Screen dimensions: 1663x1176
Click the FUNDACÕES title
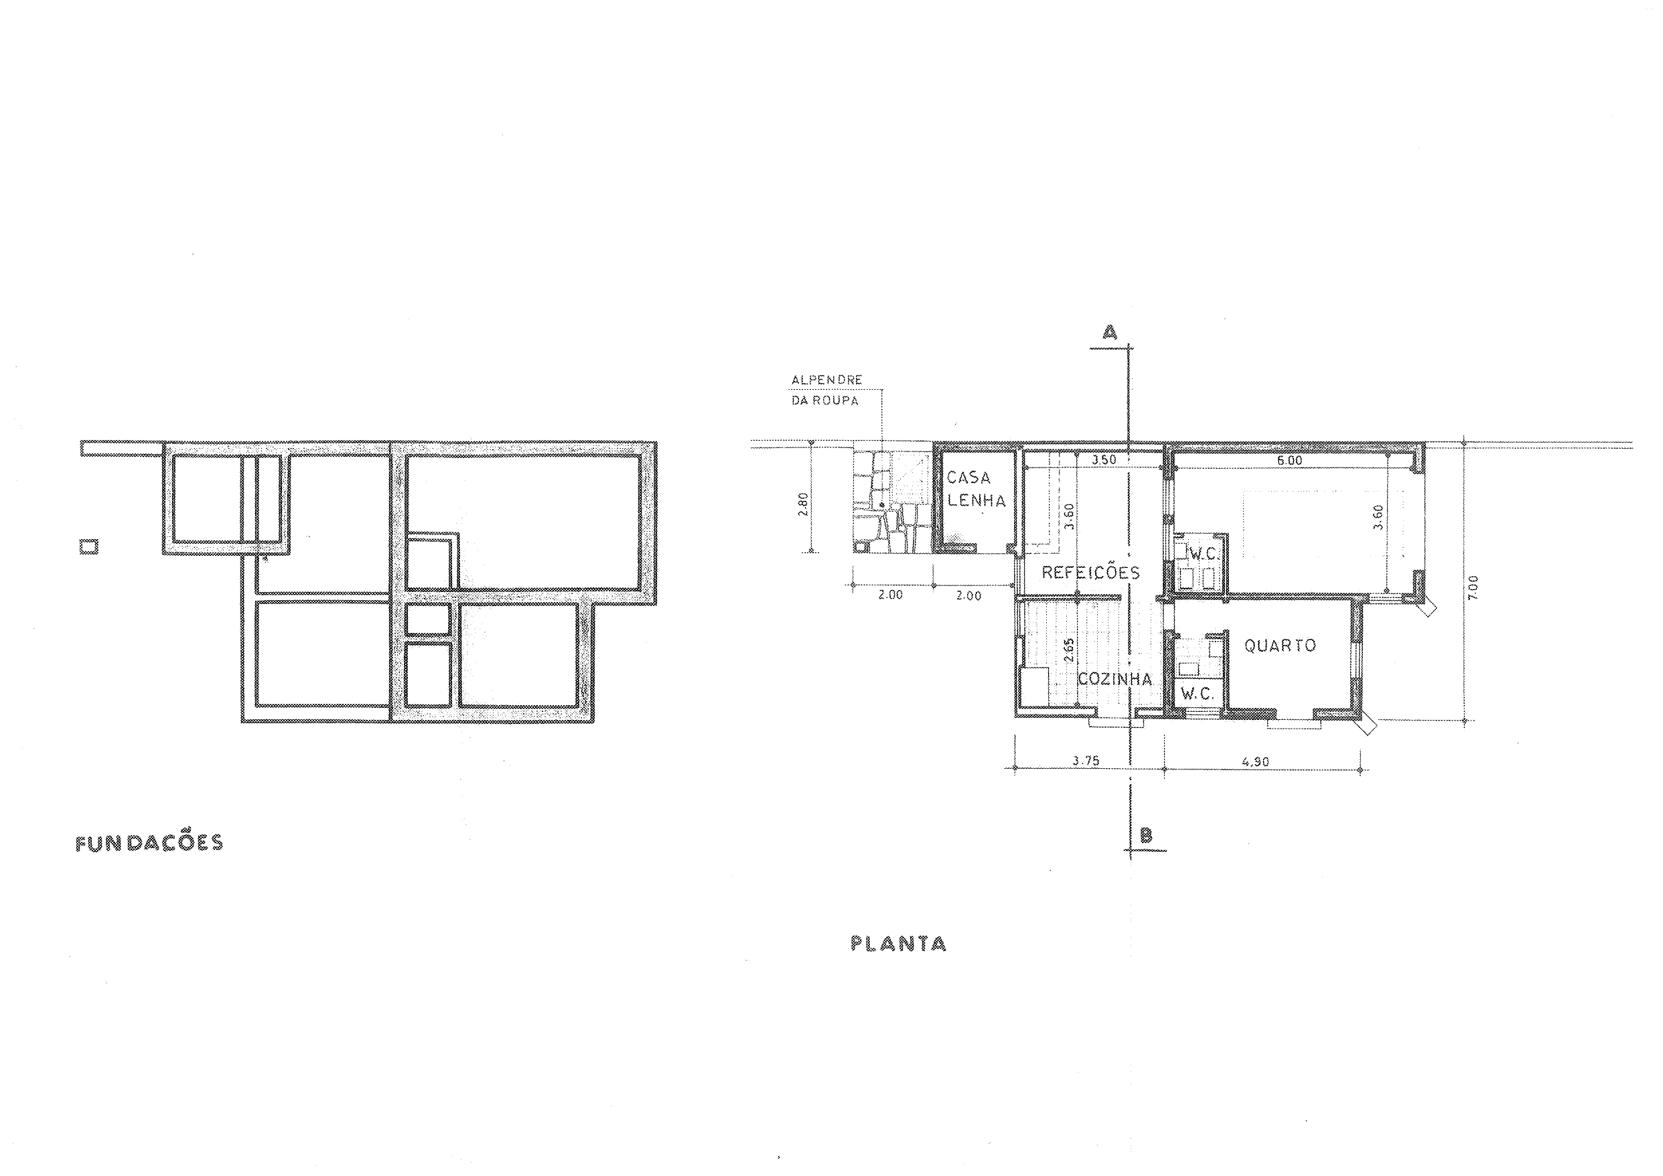pos(149,844)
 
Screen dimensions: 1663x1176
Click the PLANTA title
pos(898,944)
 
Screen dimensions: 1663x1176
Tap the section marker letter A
pos(1110,332)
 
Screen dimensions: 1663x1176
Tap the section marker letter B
pos(1147,835)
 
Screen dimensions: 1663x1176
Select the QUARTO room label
pos(1280,645)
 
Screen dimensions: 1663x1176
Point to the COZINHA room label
pos(1114,679)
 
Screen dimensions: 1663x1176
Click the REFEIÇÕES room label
pos(1091,572)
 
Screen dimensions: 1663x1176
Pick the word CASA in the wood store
pos(968,478)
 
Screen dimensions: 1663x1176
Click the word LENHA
pos(977,500)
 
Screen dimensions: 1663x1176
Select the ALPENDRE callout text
pos(826,380)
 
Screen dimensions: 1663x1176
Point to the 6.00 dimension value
pos(1290,461)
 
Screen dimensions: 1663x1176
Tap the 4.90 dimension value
pos(1255,762)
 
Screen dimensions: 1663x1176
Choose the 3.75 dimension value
pos(1086,761)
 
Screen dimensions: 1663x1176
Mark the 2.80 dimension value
pos(802,505)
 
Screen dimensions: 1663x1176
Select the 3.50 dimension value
pos(1103,460)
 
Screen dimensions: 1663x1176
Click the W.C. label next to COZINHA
pos(1197,694)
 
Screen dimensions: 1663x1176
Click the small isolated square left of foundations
pos(88,546)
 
